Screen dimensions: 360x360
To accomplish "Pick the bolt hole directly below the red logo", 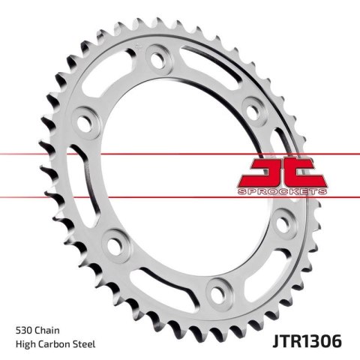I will click(x=283, y=223).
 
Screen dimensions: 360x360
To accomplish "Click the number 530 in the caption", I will click(x=25, y=329).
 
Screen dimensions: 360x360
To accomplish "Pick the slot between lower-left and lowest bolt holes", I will click(x=161, y=277).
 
